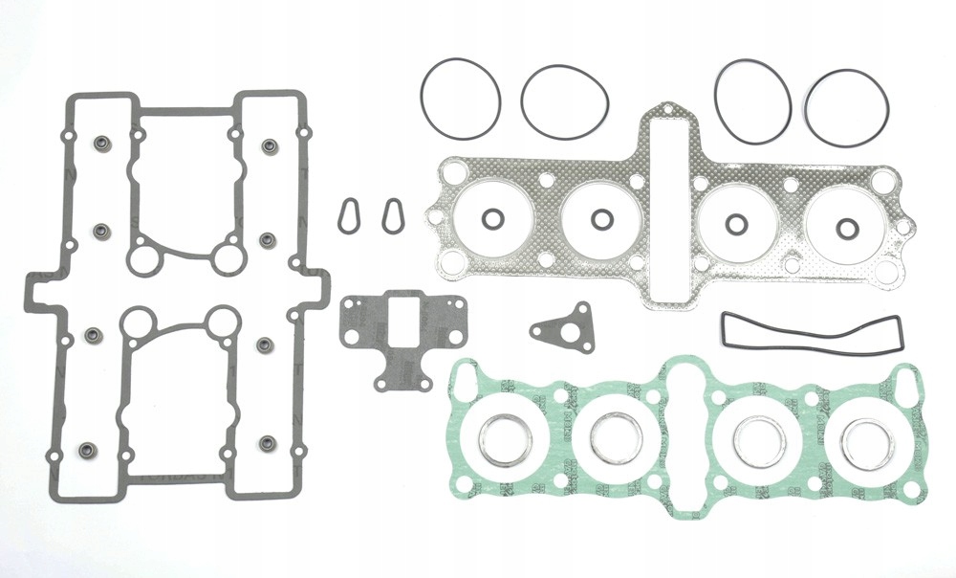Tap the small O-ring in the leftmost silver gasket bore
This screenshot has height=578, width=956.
pyautogui.click(x=491, y=220)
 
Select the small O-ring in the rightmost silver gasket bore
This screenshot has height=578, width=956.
pyautogui.click(x=847, y=229)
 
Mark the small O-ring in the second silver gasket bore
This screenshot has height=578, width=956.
pyautogui.click(x=601, y=220)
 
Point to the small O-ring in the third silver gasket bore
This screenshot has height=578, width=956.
pyautogui.click(x=736, y=225)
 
